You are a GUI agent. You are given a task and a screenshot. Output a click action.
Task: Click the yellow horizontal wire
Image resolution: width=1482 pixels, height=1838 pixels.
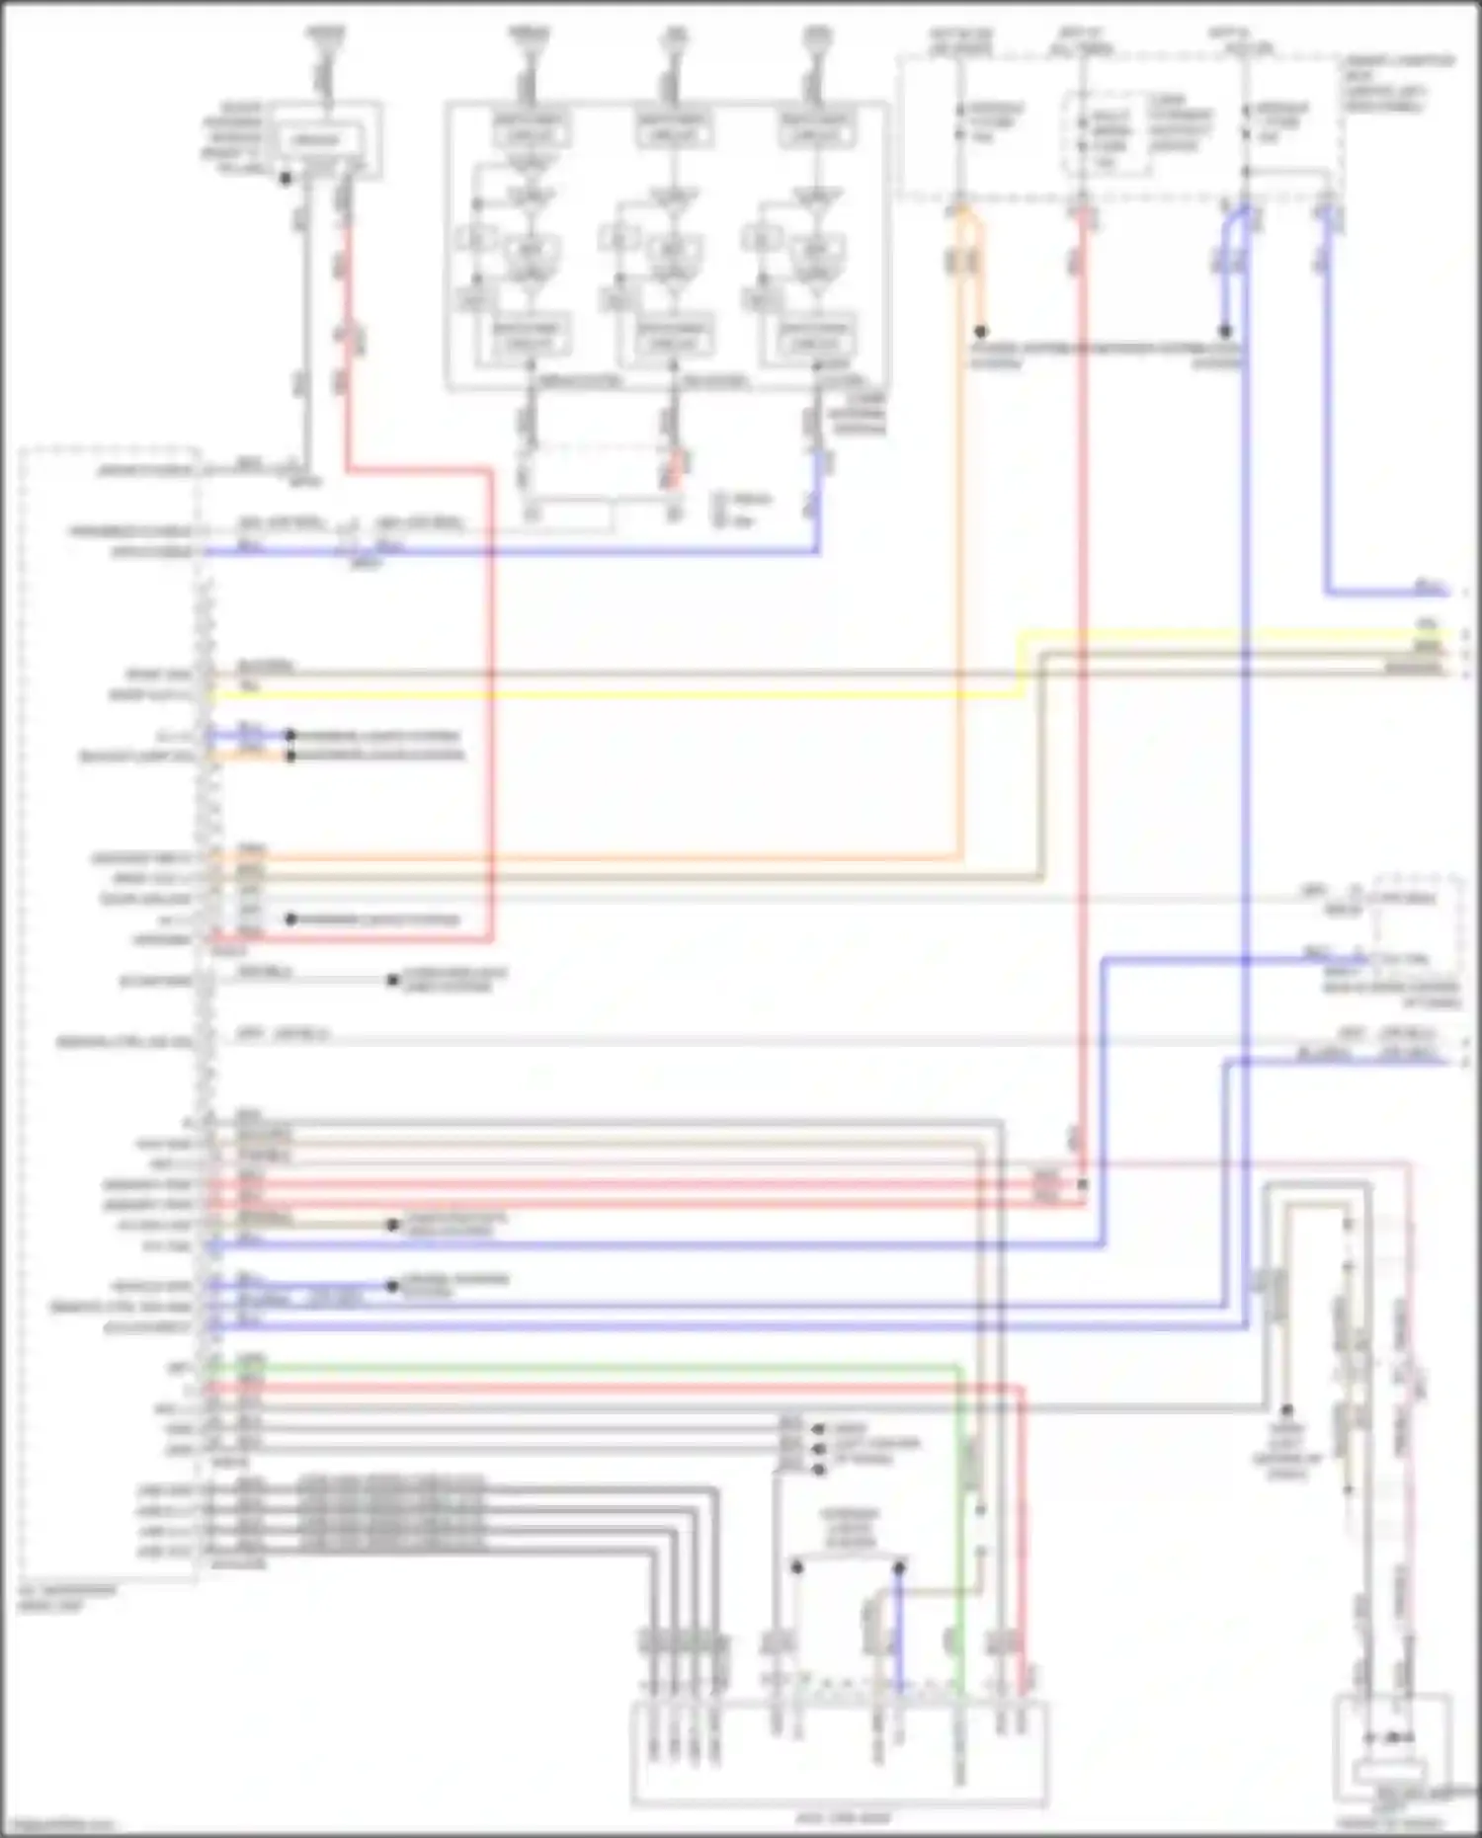click(x=613, y=695)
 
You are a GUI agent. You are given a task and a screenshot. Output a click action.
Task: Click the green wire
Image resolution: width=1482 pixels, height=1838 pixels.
click(x=593, y=1368)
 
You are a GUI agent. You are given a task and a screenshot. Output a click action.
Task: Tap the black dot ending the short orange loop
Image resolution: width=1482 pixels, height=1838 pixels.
click(x=981, y=332)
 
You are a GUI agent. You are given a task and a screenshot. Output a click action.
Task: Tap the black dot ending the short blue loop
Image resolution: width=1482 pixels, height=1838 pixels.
click(x=1224, y=332)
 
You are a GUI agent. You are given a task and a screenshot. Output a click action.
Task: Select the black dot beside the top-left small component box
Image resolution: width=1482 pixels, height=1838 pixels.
click(x=286, y=179)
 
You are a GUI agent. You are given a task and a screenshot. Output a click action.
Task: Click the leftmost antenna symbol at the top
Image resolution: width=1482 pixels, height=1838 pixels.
click(x=325, y=40)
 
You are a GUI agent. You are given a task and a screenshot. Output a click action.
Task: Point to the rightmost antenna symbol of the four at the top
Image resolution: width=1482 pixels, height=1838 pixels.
click(x=816, y=40)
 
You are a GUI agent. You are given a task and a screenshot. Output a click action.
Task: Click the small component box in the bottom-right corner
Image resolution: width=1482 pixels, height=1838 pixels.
click(x=1393, y=1748)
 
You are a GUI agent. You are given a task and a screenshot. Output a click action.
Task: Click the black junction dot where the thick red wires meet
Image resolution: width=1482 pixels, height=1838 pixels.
click(x=1083, y=1184)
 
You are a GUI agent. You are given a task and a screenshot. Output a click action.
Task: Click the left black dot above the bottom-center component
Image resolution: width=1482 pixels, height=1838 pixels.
click(x=797, y=1566)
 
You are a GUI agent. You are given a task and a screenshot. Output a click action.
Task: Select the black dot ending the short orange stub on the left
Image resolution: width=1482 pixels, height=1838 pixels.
click(x=290, y=757)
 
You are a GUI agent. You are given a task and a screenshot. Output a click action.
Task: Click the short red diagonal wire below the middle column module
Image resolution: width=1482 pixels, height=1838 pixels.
click(x=676, y=469)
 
